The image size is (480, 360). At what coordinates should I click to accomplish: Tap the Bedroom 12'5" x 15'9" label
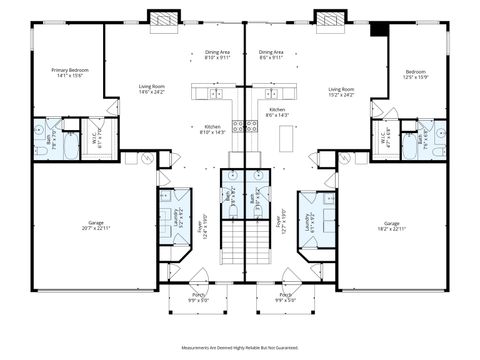point(415,74)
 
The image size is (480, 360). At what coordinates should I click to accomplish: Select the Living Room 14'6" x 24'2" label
point(152,90)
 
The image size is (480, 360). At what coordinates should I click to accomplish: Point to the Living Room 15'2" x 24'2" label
point(342,92)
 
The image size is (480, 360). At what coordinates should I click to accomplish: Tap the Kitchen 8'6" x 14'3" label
point(277,112)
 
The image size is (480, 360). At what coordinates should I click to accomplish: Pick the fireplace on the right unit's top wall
point(328,18)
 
